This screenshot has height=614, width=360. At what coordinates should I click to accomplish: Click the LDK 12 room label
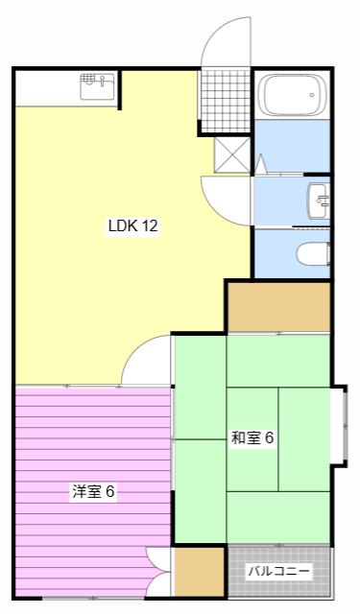coord(133,226)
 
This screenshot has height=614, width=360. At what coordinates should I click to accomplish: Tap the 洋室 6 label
coord(93,491)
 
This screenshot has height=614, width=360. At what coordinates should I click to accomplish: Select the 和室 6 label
coord(252,437)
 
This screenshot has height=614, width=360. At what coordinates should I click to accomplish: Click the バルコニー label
coord(279,572)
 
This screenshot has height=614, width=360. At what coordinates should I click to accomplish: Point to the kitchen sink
coord(98,86)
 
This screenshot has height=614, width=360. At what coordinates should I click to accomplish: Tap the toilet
coord(313,254)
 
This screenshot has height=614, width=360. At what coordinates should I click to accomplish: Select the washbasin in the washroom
coord(319,201)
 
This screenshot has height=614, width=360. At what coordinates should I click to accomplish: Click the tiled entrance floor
coord(226,101)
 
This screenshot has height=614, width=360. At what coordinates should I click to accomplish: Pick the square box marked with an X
coord(232,154)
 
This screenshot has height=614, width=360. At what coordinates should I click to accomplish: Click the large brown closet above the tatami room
coord(279,307)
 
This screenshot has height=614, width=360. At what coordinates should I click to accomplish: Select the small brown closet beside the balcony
coord(199,572)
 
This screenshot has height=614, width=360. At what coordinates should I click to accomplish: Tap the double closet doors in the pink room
coord(158,572)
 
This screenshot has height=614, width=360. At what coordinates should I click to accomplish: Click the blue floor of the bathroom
coord(292,146)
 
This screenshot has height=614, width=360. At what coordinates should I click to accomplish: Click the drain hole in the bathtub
coord(312,95)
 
